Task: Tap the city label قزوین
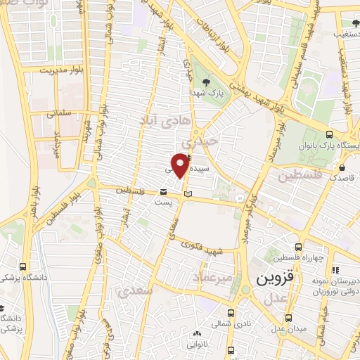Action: (271, 278)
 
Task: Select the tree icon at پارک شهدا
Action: (205, 82)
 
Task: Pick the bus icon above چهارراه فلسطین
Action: (300, 247)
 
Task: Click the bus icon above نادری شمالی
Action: (231, 312)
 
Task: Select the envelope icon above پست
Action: (163, 191)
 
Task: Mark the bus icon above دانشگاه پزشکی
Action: (24, 267)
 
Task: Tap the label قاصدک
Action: (326, 179)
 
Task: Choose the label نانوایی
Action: (197, 345)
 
